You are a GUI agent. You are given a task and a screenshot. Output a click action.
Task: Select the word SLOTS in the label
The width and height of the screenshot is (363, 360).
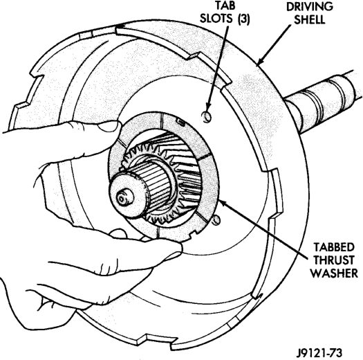click(216, 19)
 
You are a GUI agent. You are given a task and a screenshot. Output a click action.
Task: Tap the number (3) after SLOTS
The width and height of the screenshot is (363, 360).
click(243, 19)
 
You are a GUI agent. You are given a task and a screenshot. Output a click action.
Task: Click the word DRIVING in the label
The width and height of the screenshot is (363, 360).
click(310, 6)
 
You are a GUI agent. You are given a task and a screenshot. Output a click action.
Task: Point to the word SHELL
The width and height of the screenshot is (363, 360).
click(310, 19)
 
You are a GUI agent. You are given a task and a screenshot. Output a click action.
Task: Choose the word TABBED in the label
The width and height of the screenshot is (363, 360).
click(334, 247)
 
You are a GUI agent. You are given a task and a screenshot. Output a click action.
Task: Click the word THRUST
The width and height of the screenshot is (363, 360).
click(334, 260)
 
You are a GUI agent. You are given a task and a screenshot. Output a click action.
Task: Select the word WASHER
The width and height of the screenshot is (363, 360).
click(334, 273)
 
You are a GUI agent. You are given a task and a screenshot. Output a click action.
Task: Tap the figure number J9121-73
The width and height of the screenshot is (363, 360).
click(319, 353)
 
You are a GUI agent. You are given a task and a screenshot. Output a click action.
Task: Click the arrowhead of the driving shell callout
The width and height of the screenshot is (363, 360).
click(260, 62)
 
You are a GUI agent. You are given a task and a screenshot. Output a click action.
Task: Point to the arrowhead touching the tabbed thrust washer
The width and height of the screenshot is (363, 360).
click(221, 201)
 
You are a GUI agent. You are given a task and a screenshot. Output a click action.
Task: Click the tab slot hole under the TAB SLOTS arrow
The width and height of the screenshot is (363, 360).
click(207, 116)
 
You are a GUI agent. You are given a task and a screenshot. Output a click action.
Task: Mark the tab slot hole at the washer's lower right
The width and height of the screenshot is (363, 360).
click(216, 219)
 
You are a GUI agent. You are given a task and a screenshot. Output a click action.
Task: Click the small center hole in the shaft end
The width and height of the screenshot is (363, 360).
click(121, 198)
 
